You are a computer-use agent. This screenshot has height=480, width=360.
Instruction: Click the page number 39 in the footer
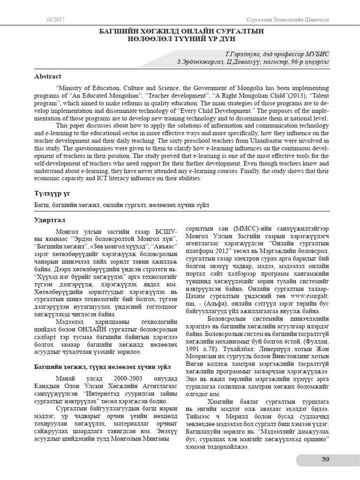[325, 459]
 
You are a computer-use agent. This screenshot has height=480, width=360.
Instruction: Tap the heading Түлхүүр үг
[52, 194]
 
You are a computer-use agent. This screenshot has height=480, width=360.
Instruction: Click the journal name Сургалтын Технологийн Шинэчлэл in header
[288, 19]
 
